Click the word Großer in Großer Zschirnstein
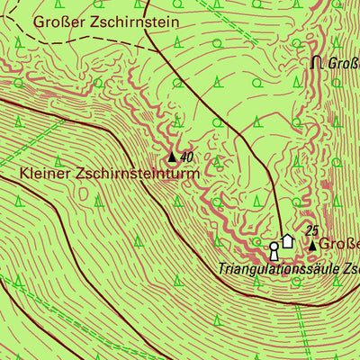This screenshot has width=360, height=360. coord(57,21)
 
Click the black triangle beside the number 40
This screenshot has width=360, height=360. coord(173,157)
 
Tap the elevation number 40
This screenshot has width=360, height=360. coord(187,157)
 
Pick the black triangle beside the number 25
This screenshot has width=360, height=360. coord(313,244)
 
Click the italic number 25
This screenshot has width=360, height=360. coord(312,230)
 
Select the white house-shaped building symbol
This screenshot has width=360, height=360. coord(288,240)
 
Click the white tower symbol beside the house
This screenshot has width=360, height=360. coord(274,249)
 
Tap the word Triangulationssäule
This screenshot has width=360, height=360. coord(272,268)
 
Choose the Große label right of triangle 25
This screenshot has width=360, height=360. coord(342,244)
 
